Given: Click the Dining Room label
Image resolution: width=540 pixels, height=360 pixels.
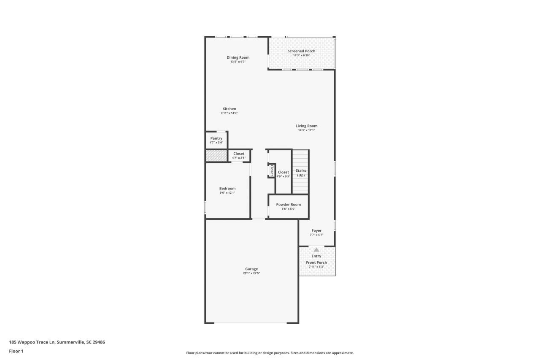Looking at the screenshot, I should click(238, 57).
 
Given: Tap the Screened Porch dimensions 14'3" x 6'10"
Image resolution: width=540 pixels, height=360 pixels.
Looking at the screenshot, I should click(302, 55).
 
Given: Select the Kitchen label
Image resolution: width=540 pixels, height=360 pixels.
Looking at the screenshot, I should click(229, 109).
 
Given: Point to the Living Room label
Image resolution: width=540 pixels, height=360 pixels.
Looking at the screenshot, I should click(306, 126).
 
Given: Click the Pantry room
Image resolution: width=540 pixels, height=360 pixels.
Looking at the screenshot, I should click(216, 140).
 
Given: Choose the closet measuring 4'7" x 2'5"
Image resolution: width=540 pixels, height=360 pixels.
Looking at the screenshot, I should click(238, 156).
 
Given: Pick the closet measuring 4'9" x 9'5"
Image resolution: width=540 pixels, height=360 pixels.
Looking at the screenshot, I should click(283, 174).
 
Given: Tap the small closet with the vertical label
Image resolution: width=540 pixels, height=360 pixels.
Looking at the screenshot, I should click(272, 170).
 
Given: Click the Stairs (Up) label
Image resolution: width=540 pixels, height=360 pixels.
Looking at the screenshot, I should click(301, 173).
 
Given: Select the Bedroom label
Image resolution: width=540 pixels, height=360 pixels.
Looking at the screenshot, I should click(227, 188).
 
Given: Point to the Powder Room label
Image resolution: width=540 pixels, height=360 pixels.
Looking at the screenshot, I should click(289, 204).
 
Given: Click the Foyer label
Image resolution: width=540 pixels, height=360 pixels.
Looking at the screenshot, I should click(316, 230).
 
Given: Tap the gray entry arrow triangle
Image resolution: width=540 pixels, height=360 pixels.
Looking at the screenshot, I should click(316, 249).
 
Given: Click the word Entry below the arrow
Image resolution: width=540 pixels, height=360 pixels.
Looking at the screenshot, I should click(316, 256).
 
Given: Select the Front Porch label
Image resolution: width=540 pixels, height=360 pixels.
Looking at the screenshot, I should click(316, 263).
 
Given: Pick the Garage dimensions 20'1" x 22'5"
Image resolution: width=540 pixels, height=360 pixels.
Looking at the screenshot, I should click(251, 273).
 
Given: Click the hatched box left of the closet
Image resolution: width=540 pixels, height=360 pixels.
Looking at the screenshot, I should click(216, 156).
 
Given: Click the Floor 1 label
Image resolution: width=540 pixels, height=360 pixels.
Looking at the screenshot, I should click(16, 351).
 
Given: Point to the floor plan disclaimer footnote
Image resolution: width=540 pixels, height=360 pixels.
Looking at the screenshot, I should click(270, 353).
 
